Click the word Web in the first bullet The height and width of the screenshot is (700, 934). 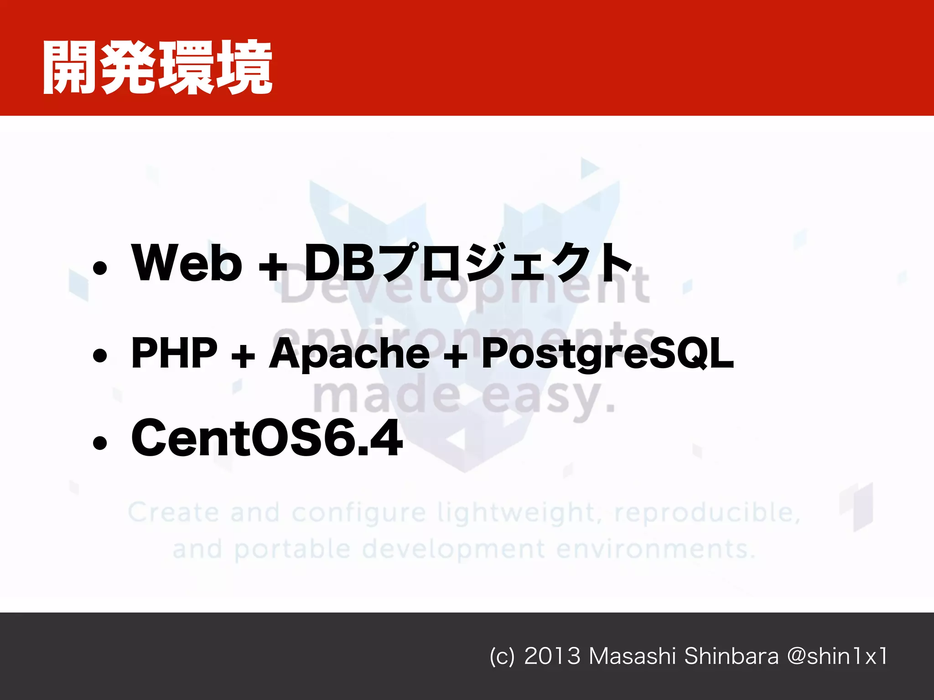[187, 263]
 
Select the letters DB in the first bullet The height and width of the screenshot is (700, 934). [340, 263]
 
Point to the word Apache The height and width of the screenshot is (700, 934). [349, 354]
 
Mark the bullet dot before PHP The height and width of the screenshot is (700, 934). [100, 355]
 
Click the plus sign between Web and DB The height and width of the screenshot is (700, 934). [273, 266]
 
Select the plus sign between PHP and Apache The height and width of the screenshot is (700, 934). [243, 355]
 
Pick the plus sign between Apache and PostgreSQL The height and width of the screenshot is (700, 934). [456, 355]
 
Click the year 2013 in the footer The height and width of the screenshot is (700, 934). [552, 656]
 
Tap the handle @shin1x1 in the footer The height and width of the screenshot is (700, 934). [837, 656]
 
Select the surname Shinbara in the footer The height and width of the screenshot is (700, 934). [731, 656]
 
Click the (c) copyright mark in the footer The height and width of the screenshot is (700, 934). [502, 657]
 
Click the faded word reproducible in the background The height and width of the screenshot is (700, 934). [707, 513]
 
